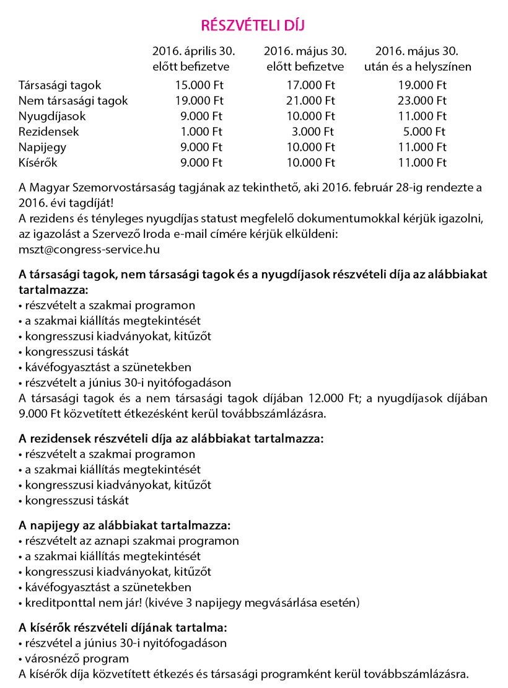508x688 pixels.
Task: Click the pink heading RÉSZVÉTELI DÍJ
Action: point(253,25)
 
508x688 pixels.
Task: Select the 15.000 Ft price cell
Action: point(199,85)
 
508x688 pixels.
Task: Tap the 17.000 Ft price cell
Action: point(310,85)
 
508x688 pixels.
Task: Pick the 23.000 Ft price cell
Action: point(422,100)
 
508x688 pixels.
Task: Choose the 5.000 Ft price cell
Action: point(424,131)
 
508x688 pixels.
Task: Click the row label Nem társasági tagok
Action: point(73,100)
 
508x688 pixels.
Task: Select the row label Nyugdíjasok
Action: point(52,116)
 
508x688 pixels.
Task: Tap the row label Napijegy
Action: point(42,147)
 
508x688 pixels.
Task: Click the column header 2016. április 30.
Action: point(193,51)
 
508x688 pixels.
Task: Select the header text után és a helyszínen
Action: point(418,66)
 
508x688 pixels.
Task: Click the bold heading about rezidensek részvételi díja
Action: point(171,439)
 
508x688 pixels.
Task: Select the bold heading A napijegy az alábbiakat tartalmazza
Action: point(125,525)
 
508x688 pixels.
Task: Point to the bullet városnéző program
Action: point(76,658)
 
